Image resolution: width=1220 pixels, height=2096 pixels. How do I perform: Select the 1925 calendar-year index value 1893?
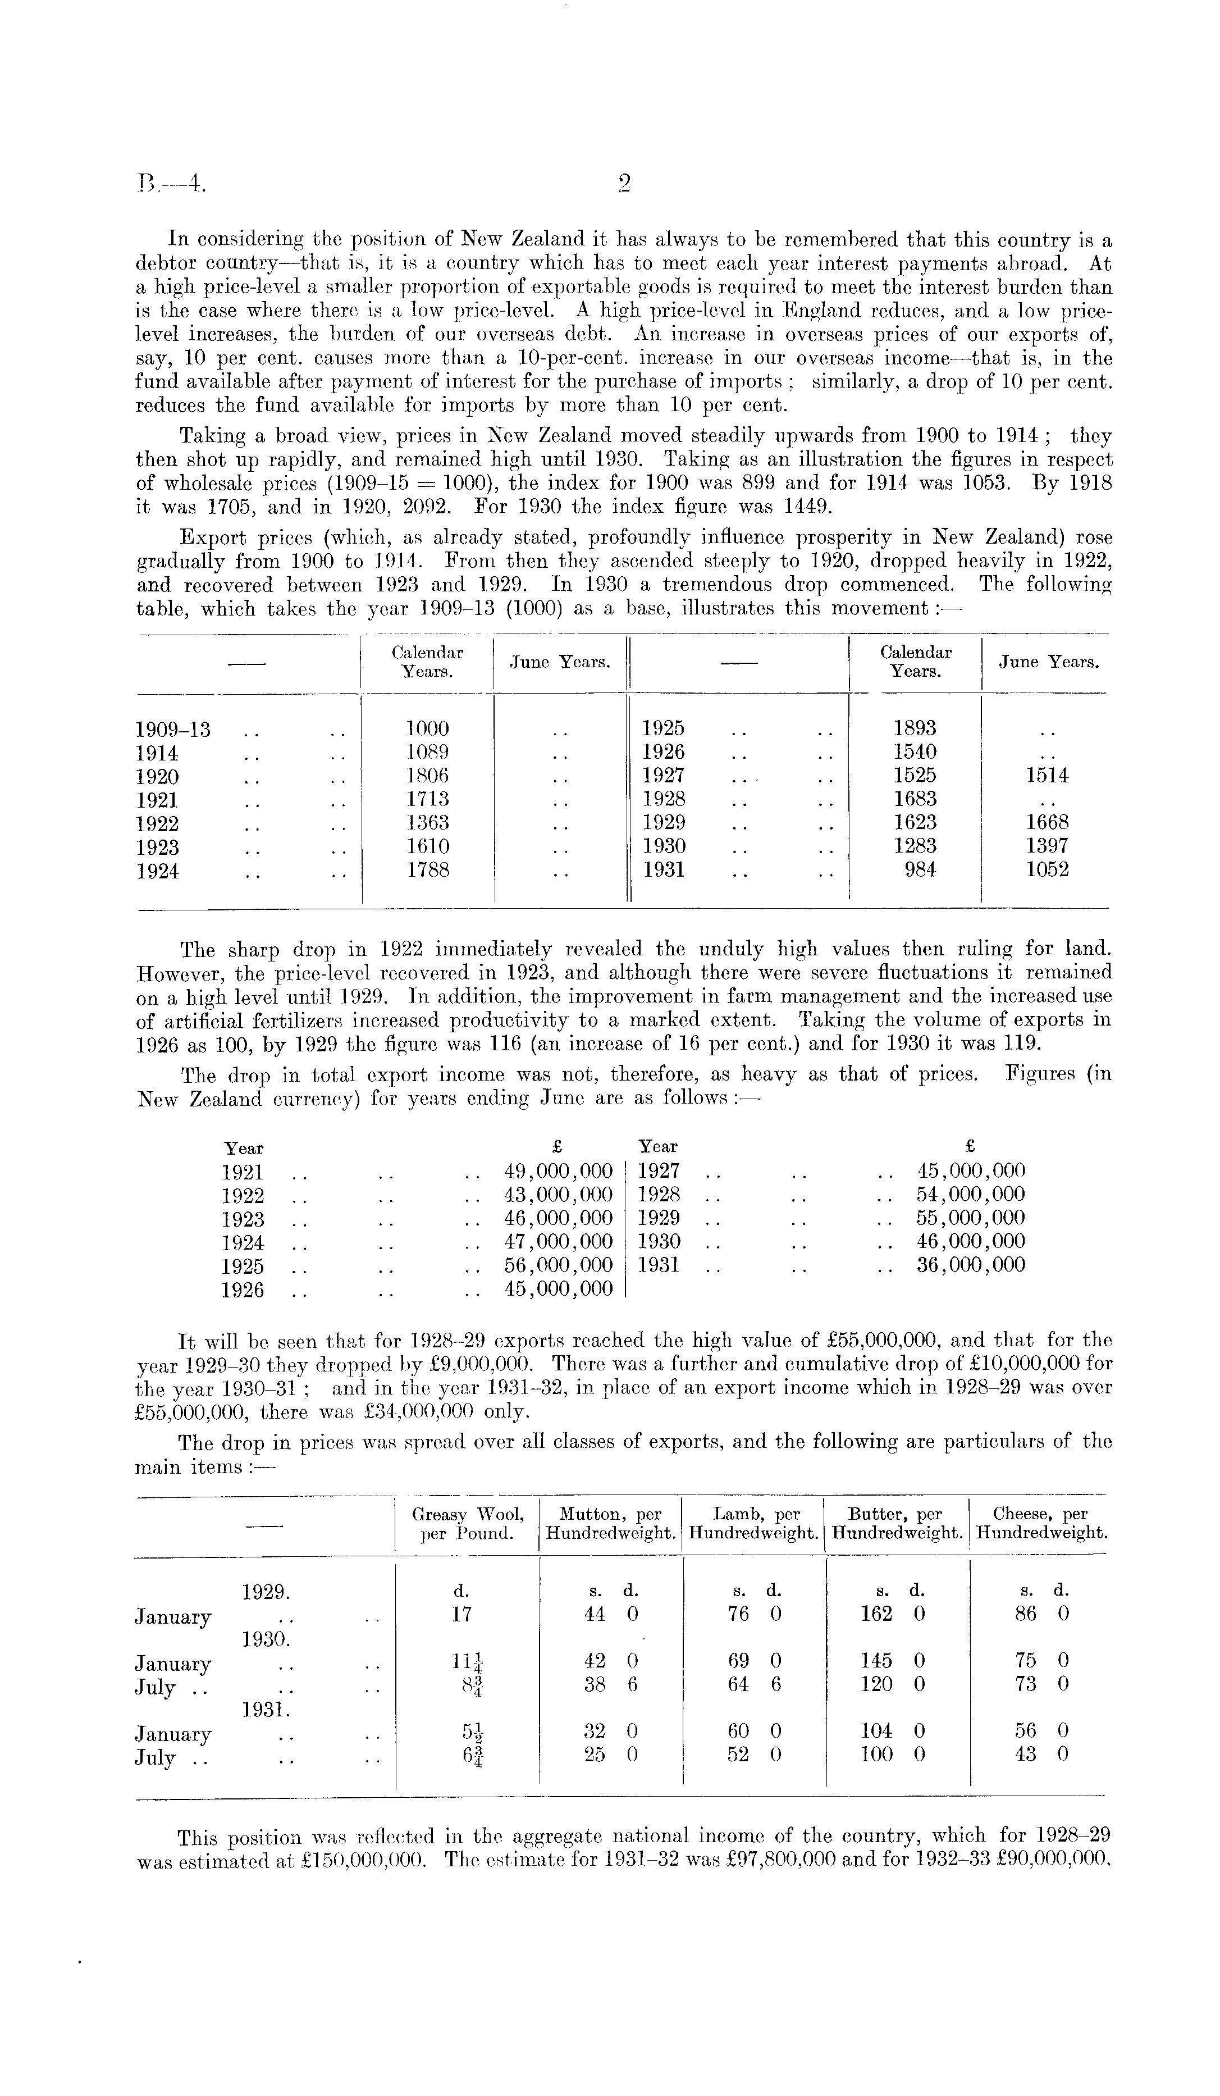(x=915, y=728)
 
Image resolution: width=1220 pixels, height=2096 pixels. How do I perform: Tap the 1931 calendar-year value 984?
(x=920, y=870)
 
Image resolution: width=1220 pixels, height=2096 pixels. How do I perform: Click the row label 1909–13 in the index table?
(x=173, y=730)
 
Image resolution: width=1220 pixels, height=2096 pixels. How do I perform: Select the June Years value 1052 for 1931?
(x=1047, y=870)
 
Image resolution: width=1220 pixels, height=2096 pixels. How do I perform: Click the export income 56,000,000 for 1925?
(x=559, y=1266)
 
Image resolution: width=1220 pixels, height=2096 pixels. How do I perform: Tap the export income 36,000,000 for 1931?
(x=971, y=1265)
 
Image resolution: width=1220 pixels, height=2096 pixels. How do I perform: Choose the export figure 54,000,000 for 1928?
(x=971, y=1195)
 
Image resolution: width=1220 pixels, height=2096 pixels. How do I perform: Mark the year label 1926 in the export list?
(x=243, y=1290)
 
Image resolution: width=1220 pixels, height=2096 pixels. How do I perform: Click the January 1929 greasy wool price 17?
(x=462, y=1615)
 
